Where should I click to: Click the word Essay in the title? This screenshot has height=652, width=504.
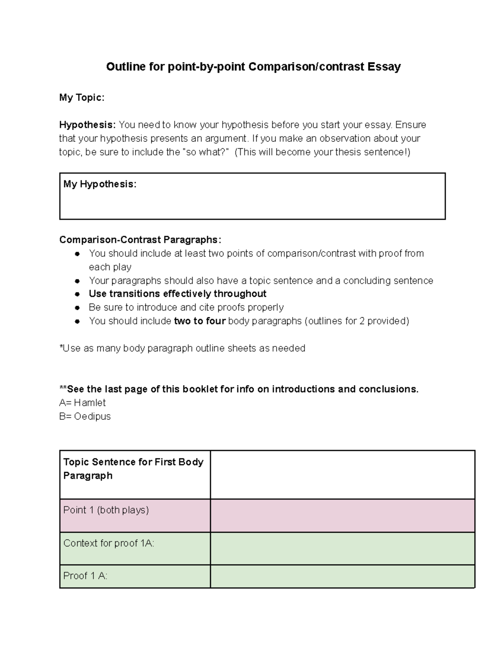(x=384, y=67)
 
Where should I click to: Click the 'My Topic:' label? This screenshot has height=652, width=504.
(x=81, y=98)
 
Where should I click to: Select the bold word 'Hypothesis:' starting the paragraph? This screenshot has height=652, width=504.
(x=87, y=125)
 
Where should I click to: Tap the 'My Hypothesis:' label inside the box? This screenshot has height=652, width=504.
(x=100, y=184)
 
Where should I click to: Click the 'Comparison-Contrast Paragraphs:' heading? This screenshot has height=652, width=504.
(x=140, y=240)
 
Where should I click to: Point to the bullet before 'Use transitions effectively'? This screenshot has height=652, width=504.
(x=77, y=294)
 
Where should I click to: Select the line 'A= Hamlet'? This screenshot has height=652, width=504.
(x=82, y=403)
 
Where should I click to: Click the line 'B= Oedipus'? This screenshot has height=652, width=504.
(x=85, y=416)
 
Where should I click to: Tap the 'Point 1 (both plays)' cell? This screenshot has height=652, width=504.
(x=106, y=510)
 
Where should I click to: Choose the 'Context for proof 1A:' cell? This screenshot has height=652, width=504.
(x=109, y=543)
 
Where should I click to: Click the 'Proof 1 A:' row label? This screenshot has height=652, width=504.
(x=85, y=576)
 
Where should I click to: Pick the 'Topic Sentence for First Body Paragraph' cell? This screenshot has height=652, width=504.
(x=133, y=469)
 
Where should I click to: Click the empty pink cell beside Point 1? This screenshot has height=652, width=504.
(x=342, y=516)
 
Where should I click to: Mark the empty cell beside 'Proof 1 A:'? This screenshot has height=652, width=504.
(x=342, y=576)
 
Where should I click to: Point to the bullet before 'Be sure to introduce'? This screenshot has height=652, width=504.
(x=77, y=308)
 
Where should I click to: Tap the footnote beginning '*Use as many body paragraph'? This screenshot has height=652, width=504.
(x=182, y=348)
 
